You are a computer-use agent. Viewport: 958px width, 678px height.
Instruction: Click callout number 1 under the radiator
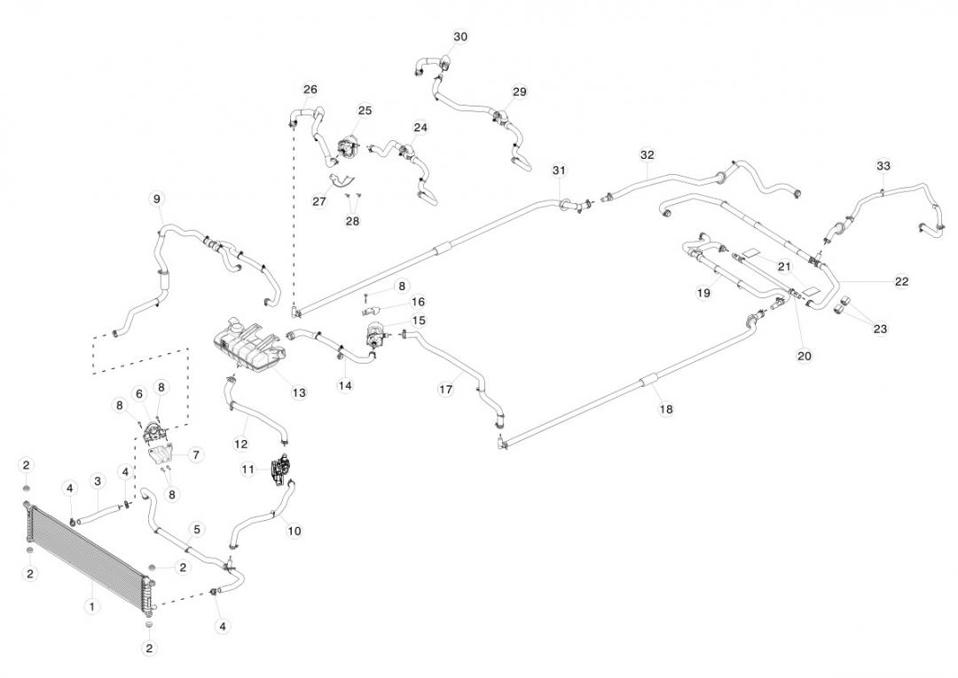pyautogui.click(x=90, y=607)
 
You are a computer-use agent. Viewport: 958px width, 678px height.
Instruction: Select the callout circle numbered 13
pyautogui.click(x=299, y=391)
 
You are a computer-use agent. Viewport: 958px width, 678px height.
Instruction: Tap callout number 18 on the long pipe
pyautogui.click(x=665, y=409)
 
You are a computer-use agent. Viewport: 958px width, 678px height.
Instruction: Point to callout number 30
pyautogui.click(x=459, y=36)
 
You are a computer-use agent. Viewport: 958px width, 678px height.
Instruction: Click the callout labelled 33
pyautogui.click(x=883, y=166)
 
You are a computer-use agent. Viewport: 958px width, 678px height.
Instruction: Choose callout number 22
pyautogui.click(x=901, y=281)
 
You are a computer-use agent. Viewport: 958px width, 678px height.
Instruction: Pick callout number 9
pyautogui.click(x=157, y=199)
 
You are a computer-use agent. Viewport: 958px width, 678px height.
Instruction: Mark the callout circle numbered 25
pyautogui.click(x=365, y=110)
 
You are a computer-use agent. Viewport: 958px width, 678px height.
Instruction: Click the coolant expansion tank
pyautogui.click(x=248, y=342)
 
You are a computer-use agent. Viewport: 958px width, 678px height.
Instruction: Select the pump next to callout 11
pyautogui.click(x=280, y=470)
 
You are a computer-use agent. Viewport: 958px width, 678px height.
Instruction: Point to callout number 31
pyautogui.click(x=558, y=169)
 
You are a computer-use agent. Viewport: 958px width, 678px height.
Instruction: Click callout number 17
pyautogui.click(x=448, y=389)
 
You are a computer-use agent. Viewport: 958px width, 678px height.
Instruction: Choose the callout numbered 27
pyautogui.click(x=319, y=201)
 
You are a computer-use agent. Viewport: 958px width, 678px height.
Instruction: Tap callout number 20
pyautogui.click(x=805, y=355)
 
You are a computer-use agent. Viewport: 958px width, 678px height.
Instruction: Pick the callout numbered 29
pyautogui.click(x=520, y=92)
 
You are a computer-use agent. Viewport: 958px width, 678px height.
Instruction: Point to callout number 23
pyautogui.click(x=879, y=328)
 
